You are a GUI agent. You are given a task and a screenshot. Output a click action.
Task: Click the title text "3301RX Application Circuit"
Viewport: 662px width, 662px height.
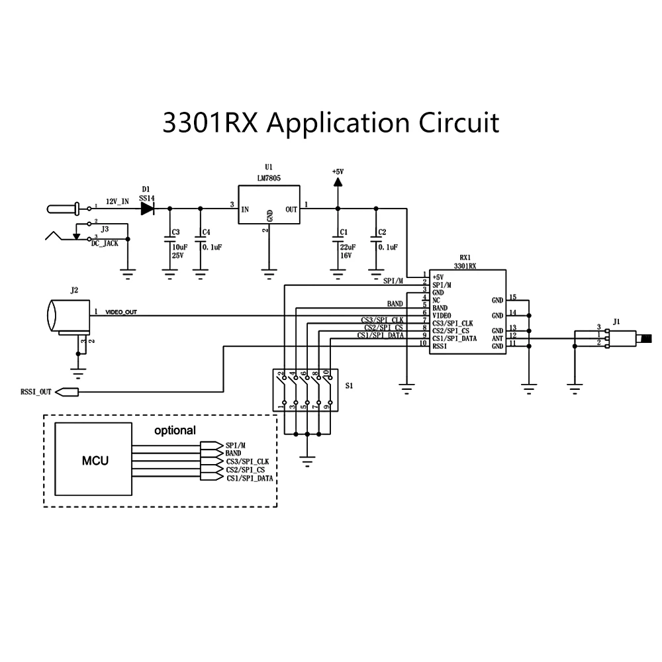pos(330,123)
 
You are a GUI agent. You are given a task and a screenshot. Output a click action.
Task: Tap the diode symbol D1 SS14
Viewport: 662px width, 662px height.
pos(147,208)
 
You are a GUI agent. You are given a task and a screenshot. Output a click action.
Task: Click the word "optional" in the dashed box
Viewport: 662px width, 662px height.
pos(175,430)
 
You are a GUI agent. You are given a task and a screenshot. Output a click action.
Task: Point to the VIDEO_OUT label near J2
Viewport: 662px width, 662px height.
pos(121,312)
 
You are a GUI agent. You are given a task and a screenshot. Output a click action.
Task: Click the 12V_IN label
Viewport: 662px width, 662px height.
pos(117,200)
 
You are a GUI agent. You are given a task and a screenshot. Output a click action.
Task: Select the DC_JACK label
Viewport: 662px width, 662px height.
pos(105,243)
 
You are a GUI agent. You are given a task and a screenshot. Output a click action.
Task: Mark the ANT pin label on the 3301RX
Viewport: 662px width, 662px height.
pos(497,338)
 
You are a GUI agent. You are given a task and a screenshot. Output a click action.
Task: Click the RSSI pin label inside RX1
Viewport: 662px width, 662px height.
pos(440,346)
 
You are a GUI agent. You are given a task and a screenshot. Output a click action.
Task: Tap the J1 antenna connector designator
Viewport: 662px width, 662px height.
pos(616,322)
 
